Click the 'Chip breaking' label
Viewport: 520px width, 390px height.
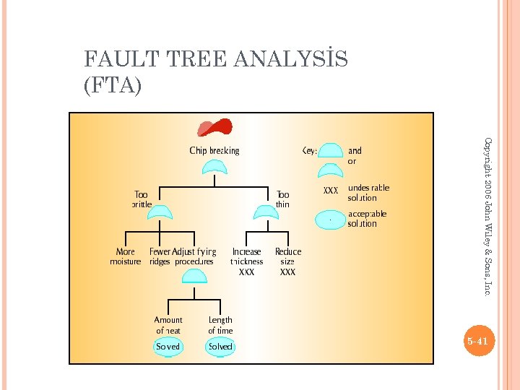tap(214, 151)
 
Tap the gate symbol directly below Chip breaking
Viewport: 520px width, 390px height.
tap(214, 168)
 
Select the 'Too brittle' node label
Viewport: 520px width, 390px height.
tap(142, 199)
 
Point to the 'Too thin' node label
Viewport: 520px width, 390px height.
tap(283, 199)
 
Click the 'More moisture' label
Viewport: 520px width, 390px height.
tap(125, 256)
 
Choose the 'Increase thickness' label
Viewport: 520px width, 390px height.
tap(247, 256)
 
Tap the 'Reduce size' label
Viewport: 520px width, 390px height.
tap(288, 256)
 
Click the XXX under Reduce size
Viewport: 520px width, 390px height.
tap(287, 273)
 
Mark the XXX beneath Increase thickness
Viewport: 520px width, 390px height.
tap(246, 273)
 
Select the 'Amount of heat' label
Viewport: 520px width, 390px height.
tap(168, 325)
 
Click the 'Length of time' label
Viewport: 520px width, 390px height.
tap(220, 325)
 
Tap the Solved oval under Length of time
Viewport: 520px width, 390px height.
tap(220, 347)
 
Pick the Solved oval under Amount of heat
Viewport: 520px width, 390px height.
tap(168, 347)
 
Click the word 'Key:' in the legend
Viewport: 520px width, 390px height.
tap(309, 151)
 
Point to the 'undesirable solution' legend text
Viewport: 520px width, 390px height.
tap(368, 193)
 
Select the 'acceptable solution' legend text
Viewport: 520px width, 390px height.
tap(368, 219)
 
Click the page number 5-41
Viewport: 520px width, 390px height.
tap(477, 340)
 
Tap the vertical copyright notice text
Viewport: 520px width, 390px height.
tap(487, 216)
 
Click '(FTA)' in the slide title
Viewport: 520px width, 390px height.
tap(113, 85)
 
